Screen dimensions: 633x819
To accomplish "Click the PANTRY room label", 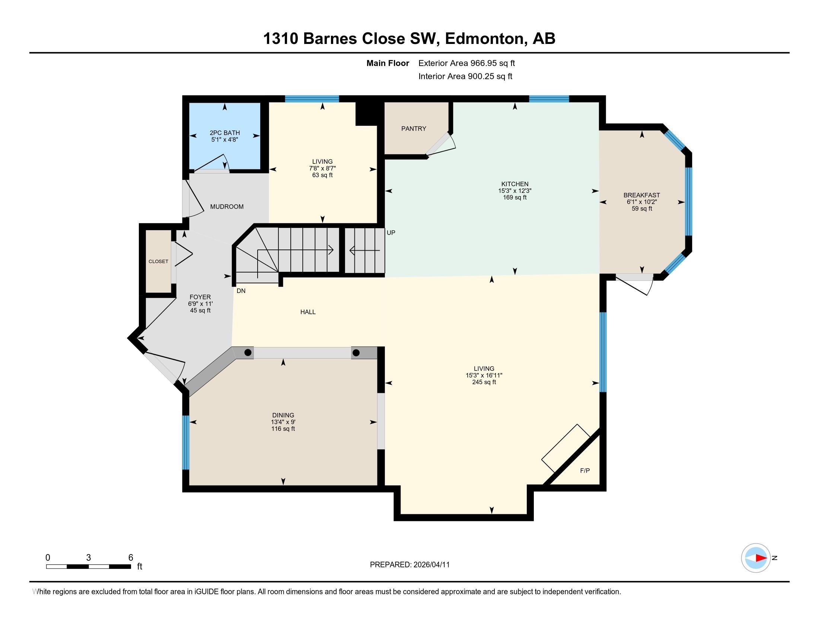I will tap(413, 128).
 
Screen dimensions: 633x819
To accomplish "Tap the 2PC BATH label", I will tap(224, 133).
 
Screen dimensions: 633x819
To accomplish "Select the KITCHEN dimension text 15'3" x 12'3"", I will tap(514, 191).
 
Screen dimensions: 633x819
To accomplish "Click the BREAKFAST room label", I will tap(641, 195).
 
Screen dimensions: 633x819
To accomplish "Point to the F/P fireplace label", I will tap(584, 471).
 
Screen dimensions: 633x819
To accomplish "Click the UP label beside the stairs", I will tap(391, 232).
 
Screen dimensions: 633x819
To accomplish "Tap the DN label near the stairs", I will tap(241, 291).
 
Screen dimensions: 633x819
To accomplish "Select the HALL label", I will tap(307, 312).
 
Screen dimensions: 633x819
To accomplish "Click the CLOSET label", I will tap(158, 261).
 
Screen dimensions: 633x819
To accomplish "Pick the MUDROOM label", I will tap(226, 207).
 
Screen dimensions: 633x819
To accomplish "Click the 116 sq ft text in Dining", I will tap(283, 429).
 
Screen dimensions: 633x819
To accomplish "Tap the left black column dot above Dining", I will tap(248, 353).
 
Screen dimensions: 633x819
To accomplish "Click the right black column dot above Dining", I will tap(356, 353).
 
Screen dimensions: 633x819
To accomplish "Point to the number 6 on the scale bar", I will tap(131, 558).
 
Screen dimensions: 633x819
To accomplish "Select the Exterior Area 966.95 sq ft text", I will tap(466, 63).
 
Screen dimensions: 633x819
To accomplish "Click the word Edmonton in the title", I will tap(484, 39).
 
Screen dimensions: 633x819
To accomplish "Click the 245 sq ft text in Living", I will tap(484, 382).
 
